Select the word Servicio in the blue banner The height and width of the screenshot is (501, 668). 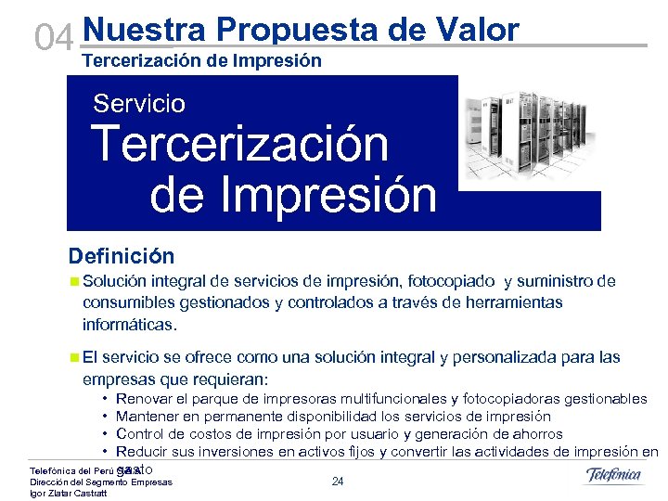click(139, 103)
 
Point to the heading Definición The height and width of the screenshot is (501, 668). click(121, 255)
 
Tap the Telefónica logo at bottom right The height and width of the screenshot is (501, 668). click(613, 476)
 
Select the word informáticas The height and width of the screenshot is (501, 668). click(129, 325)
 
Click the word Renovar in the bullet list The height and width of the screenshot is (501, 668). click(143, 399)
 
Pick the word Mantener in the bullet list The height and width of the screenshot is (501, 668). click(147, 417)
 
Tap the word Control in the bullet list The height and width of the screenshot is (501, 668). click(140, 434)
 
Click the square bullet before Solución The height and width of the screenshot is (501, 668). click(73, 281)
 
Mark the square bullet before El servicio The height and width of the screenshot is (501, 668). click(73, 357)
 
